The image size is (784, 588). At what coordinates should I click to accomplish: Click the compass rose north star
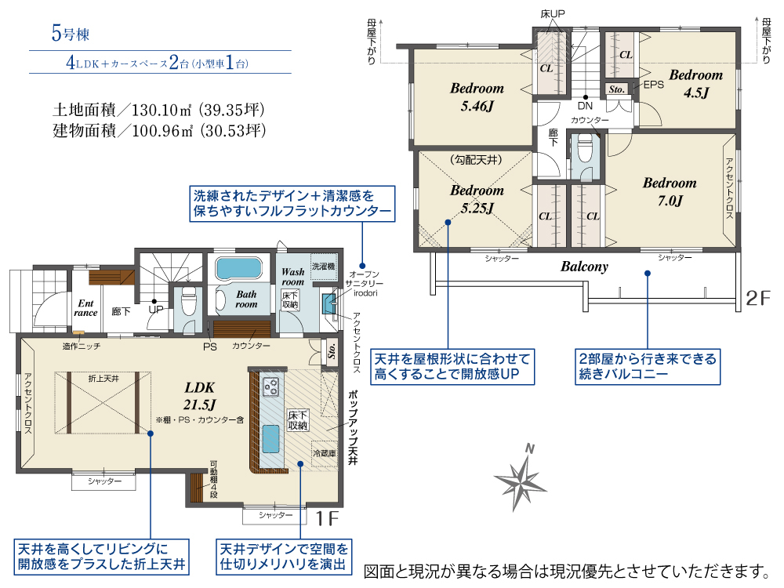click(521, 481)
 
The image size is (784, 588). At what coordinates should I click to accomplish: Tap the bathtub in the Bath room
click(238, 269)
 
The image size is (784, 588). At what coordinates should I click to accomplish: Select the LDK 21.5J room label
click(199, 395)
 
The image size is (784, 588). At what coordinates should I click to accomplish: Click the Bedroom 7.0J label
click(670, 191)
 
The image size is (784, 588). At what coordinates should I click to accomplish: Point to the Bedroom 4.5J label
click(696, 84)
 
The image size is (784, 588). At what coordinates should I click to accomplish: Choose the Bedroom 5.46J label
click(477, 97)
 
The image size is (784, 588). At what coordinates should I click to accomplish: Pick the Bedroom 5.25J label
click(477, 199)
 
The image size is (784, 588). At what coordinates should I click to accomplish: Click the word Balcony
click(584, 267)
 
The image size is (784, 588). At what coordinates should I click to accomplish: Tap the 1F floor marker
click(328, 518)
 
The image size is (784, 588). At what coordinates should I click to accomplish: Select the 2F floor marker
click(758, 299)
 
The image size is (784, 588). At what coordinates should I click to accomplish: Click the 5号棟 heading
click(71, 34)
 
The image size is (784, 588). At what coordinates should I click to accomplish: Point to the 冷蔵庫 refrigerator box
click(324, 453)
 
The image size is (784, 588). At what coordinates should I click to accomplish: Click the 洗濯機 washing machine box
click(324, 267)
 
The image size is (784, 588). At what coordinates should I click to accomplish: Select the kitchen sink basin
click(271, 438)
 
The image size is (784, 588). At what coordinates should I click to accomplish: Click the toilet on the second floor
click(585, 148)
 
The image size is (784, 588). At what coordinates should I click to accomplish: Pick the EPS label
click(654, 85)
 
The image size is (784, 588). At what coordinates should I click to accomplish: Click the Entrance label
click(85, 308)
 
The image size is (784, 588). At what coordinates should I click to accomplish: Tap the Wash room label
click(293, 277)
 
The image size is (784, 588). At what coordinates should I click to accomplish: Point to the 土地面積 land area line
click(158, 110)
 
